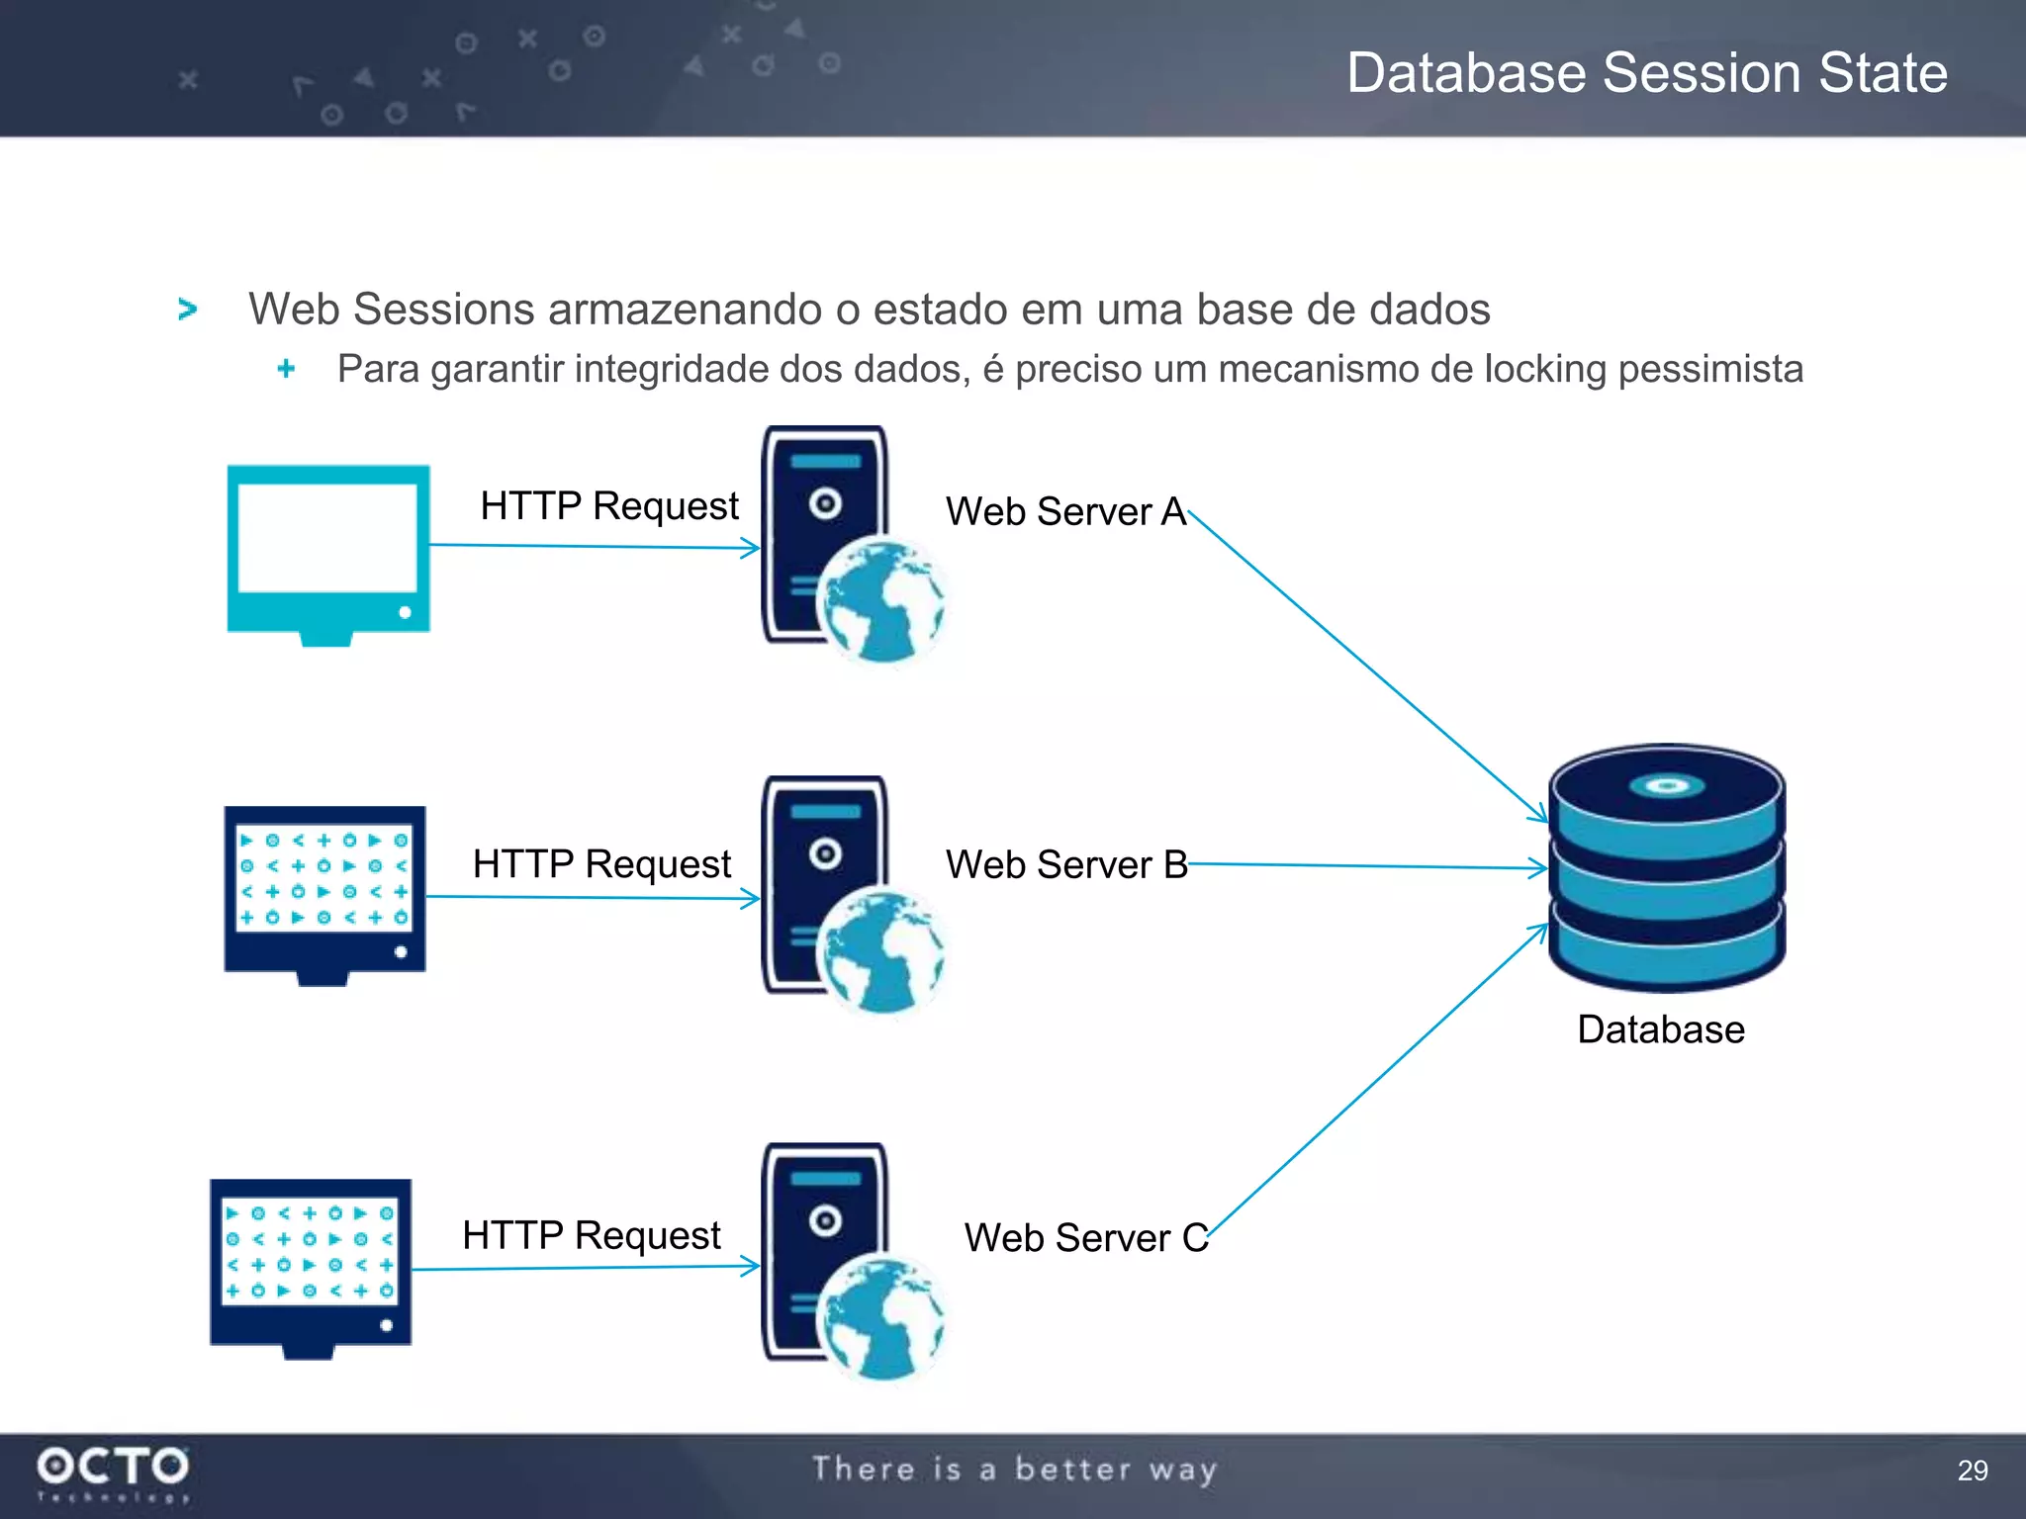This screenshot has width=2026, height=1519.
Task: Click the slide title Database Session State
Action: [1646, 73]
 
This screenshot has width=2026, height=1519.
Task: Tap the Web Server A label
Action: [1065, 512]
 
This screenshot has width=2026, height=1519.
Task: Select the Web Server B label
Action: [1065, 865]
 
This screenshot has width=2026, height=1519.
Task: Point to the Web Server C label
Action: [1085, 1238]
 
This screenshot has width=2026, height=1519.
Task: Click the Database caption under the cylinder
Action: [1660, 1029]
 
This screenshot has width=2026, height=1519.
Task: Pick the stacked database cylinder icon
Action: [1667, 868]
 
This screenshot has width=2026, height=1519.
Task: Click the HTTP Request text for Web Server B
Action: [601, 864]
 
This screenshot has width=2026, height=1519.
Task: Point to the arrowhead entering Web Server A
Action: [751, 548]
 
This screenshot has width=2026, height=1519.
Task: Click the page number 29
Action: [1972, 1471]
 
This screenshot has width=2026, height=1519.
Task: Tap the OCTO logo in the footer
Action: [113, 1469]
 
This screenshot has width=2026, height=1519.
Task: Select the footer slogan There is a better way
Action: [1014, 1470]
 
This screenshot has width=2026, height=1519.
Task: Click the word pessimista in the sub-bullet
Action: [1710, 370]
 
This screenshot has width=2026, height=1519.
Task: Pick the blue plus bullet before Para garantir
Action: [286, 369]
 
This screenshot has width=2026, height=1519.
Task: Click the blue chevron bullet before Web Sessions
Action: [187, 310]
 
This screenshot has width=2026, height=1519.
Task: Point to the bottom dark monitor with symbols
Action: [311, 1266]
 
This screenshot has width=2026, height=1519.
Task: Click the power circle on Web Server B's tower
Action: [825, 854]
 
